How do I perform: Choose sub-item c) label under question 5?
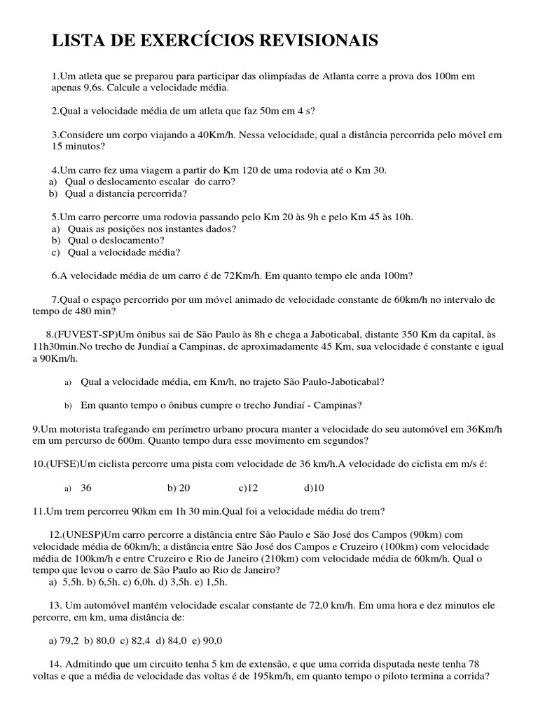55,252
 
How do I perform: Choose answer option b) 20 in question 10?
179,488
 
